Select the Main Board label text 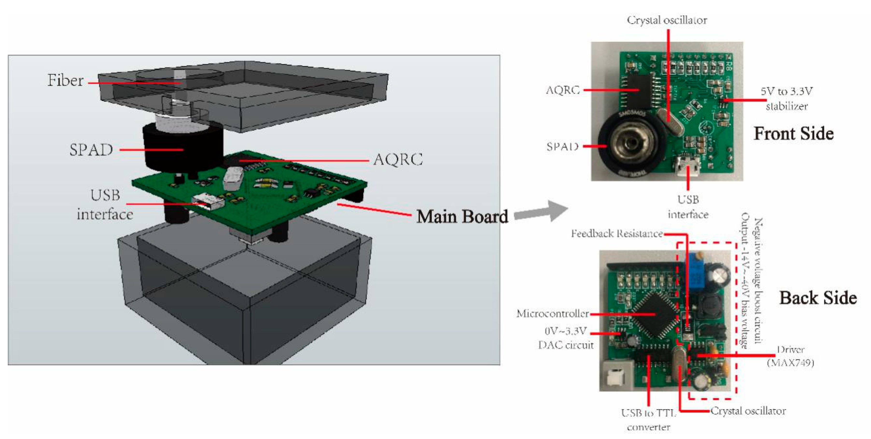click(462, 216)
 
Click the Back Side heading click(818, 298)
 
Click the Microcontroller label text click(552, 314)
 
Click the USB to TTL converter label click(648, 420)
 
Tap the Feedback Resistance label click(616, 234)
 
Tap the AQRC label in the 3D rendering click(398, 160)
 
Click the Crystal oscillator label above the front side click(667, 20)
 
